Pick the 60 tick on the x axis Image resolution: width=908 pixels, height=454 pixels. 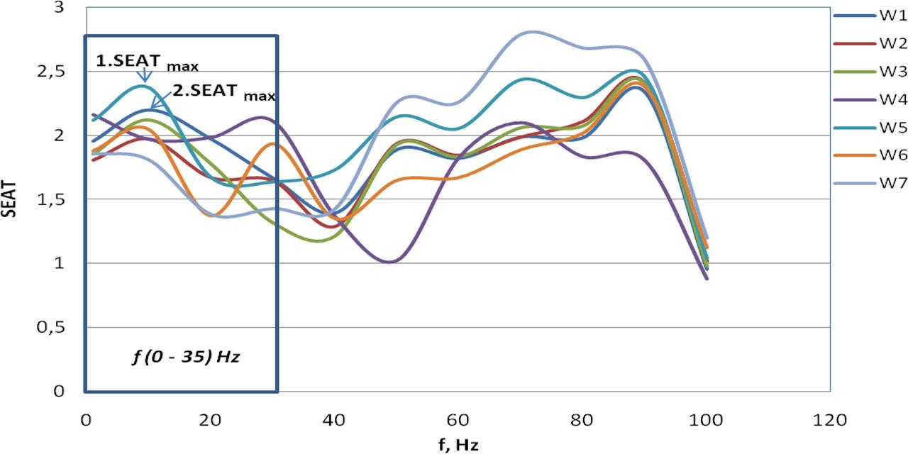(x=458, y=420)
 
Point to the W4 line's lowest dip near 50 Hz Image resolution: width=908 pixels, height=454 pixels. (x=389, y=262)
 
